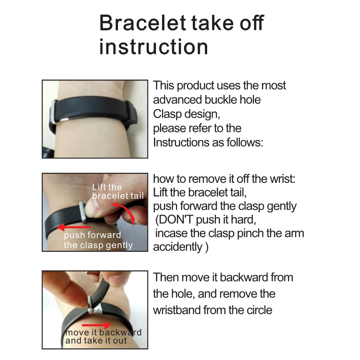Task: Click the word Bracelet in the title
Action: pos(142,22)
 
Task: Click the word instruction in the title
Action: pos(154,47)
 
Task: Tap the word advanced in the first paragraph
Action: pos(178,100)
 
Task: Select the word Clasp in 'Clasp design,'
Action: pos(167,114)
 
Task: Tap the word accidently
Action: pos(178,247)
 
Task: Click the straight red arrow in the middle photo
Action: pos(74,227)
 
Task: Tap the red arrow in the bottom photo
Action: pos(96,325)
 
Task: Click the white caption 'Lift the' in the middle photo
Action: pos(107,187)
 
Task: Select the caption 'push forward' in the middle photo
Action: pos(92,235)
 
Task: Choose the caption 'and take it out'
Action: pos(96,340)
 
